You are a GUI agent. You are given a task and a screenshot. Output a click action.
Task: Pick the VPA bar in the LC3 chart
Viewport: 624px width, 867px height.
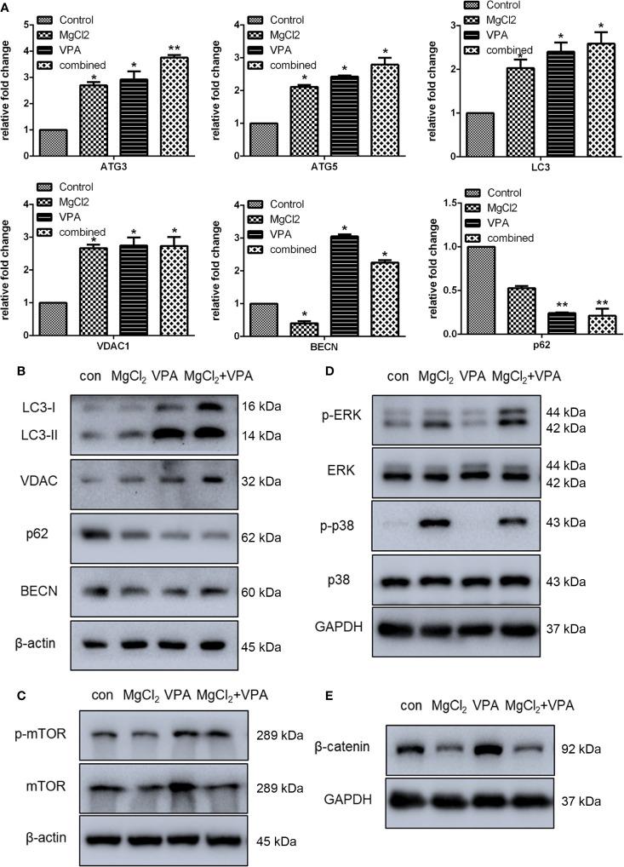pyautogui.click(x=530, y=93)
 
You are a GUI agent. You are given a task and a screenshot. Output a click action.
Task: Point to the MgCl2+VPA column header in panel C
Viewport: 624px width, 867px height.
pyautogui.click(x=232, y=694)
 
